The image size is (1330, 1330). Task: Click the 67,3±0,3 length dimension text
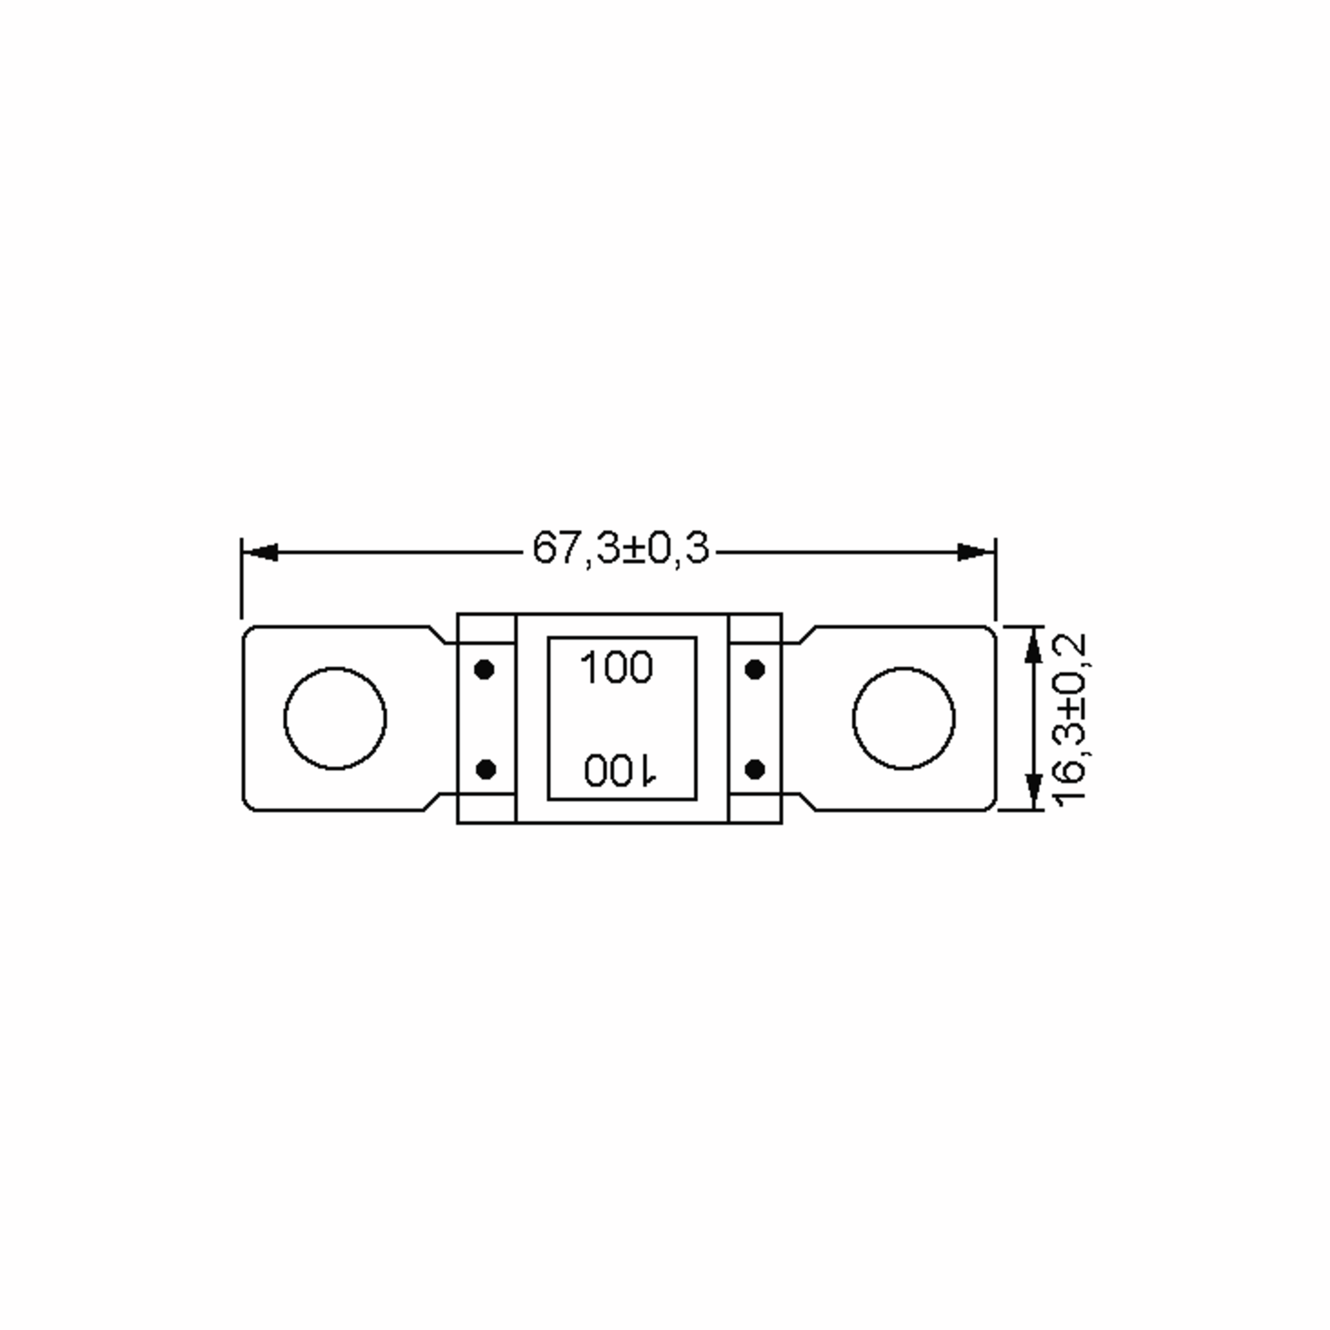(620, 549)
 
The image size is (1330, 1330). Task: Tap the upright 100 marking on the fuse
(616, 668)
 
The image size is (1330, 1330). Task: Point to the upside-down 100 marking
(620, 770)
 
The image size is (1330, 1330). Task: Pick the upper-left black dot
(485, 669)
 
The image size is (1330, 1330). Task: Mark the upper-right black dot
(755, 669)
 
